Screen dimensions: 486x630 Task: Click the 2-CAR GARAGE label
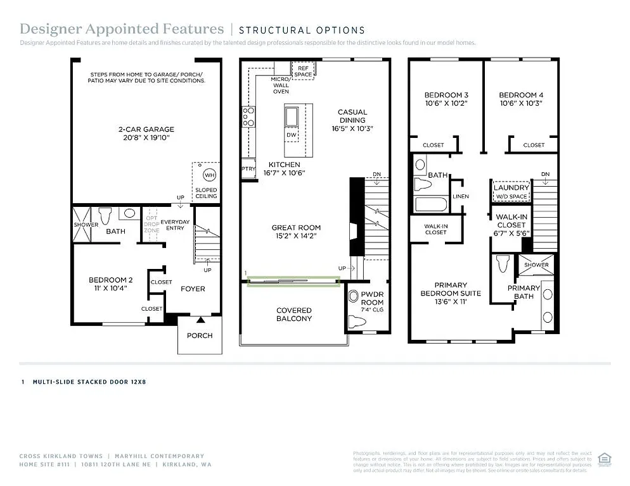146,129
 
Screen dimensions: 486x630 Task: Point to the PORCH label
200,335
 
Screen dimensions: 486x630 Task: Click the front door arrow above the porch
200,320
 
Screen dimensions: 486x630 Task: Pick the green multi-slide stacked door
292,281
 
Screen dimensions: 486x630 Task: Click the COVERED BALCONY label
294,315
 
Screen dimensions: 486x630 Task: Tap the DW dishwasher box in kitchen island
292,135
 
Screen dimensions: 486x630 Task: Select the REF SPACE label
303,70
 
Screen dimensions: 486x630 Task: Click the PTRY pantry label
248,169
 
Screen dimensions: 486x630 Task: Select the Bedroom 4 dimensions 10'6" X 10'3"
521,104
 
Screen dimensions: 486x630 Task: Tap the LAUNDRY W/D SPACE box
511,192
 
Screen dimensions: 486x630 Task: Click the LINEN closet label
461,196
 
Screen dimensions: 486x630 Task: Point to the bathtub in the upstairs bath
430,205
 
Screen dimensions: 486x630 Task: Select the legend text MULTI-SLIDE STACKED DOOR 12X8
89,382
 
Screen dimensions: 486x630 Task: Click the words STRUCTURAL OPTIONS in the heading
302,30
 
